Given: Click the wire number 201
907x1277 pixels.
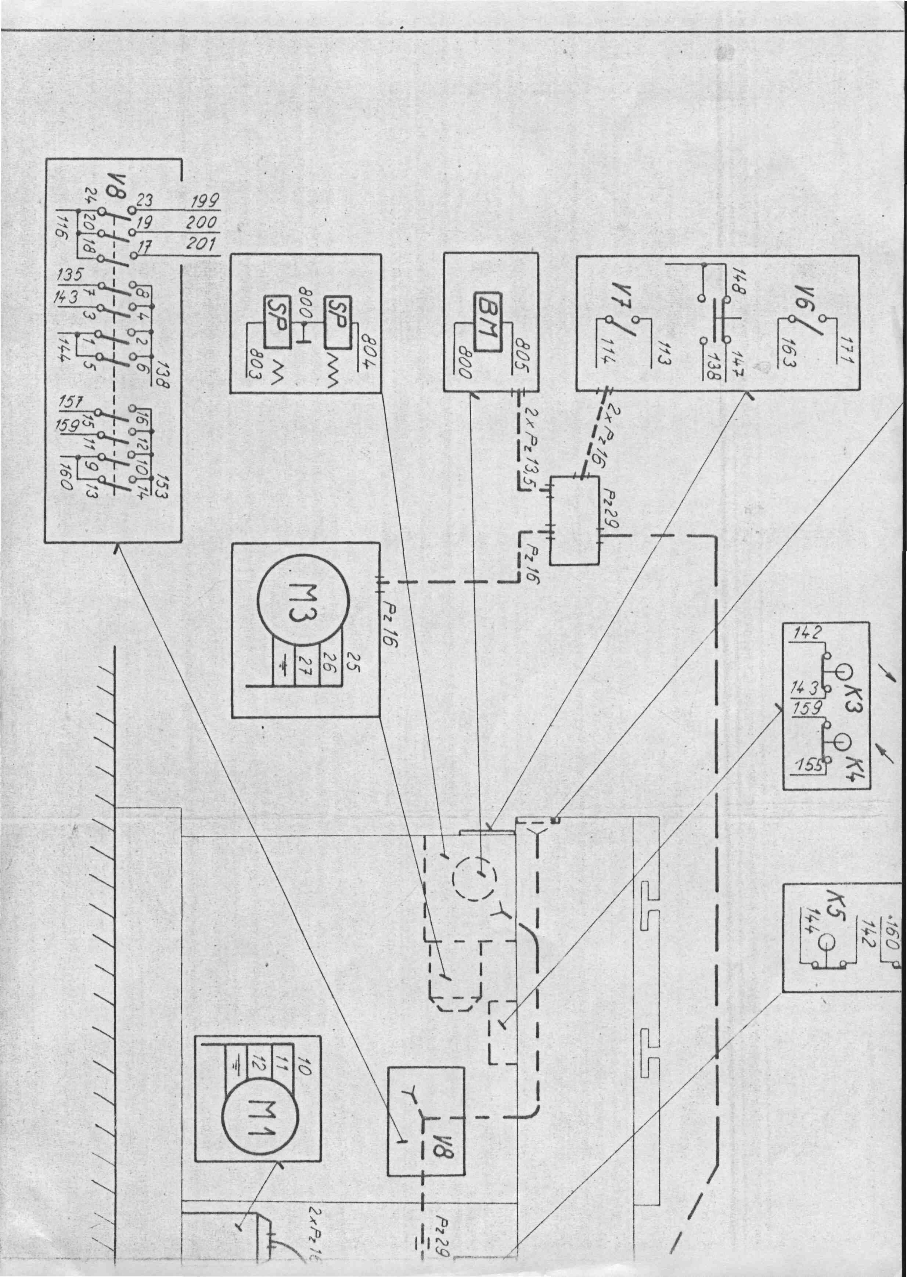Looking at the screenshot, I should tap(202, 244).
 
